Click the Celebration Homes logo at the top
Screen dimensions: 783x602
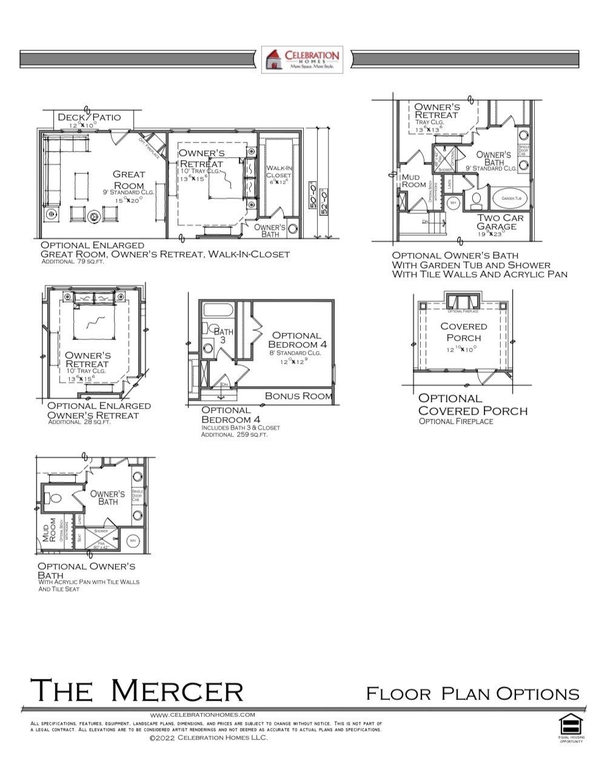point(302,59)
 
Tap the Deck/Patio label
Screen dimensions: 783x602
point(89,117)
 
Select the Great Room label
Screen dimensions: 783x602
point(129,179)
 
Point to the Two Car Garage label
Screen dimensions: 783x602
point(497,222)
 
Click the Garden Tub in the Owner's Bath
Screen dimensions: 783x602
point(510,198)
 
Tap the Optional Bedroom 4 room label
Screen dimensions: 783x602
point(296,340)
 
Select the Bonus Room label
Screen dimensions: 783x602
point(298,396)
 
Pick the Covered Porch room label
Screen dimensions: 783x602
point(463,332)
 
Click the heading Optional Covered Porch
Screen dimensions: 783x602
point(472,404)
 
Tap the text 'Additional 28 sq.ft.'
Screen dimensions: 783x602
point(79,422)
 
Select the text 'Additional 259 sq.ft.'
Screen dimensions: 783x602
point(233,435)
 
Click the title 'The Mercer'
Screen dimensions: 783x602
point(136,690)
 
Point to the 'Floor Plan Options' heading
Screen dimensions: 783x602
point(472,693)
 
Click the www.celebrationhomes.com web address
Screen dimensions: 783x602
point(202,715)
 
